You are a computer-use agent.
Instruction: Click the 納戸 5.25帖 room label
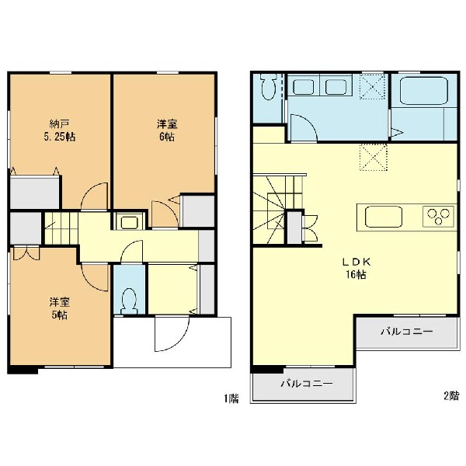pyautogui.click(x=60, y=130)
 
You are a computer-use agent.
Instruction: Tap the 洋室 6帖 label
pyautogui.click(x=167, y=130)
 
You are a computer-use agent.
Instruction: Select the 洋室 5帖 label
pyautogui.click(x=60, y=308)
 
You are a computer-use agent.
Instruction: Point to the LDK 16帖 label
pyautogui.click(x=356, y=269)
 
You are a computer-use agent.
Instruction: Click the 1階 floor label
pyautogui.click(x=231, y=398)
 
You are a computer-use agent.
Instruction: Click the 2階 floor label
pyautogui.click(x=451, y=396)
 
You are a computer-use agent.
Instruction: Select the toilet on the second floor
pyautogui.click(x=269, y=86)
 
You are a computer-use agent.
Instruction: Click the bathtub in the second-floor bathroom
pyautogui.click(x=424, y=91)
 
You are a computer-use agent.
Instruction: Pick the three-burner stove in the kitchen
pyautogui.click(x=438, y=216)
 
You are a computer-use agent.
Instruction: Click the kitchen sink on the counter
pyautogui.click(x=384, y=217)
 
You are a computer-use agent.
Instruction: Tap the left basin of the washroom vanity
pyautogui.click(x=304, y=87)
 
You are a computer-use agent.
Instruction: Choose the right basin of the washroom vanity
pyautogui.click(x=336, y=87)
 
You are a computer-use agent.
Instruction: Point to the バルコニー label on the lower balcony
pyautogui.click(x=307, y=384)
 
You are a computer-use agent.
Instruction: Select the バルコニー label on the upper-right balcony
pyautogui.click(x=406, y=331)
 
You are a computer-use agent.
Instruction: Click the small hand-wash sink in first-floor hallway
pyautogui.click(x=129, y=222)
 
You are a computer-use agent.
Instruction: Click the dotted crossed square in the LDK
pyautogui.click(x=374, y=157)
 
